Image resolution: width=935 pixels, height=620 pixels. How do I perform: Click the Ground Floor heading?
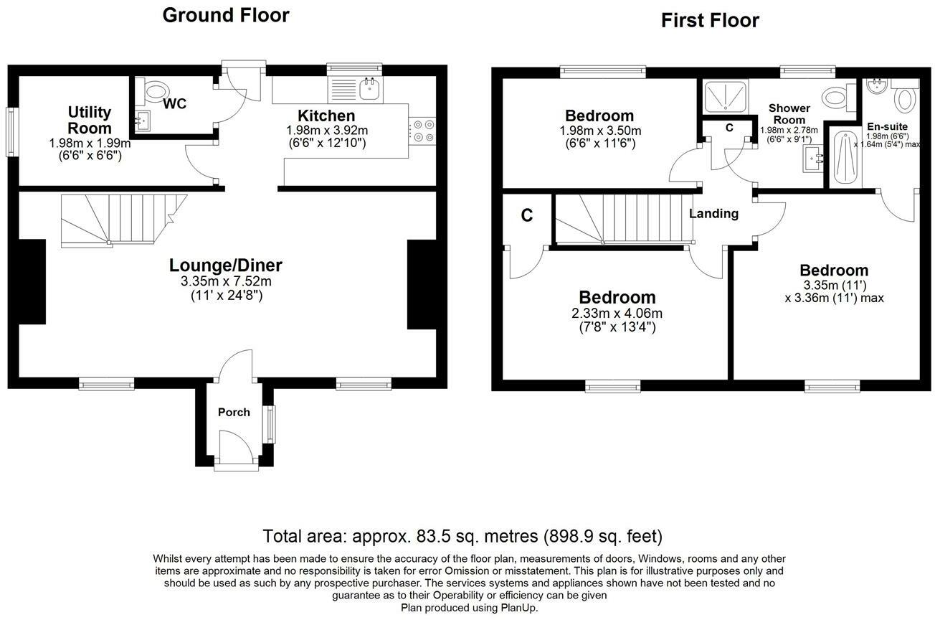coord(226,15)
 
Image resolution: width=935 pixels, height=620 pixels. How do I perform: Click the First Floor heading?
coord(710,21)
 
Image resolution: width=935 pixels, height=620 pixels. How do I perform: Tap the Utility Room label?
coord(90,120)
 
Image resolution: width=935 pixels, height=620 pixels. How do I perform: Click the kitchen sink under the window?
coord(371,89)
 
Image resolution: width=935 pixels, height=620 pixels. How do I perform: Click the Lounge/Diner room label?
coord(226,265)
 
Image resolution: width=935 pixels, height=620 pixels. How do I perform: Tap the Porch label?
coord(234,412)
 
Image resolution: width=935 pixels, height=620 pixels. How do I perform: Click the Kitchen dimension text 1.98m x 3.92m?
coord(326,131)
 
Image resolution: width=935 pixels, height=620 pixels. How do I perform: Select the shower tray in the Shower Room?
coord(726,96)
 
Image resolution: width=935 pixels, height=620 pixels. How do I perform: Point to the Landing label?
coord(713,213)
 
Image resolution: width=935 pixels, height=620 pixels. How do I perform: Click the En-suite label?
coord(887,126)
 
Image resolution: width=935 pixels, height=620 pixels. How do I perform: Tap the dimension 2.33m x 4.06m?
coord(617,314)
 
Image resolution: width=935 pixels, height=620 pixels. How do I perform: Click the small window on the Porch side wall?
coord(270,424)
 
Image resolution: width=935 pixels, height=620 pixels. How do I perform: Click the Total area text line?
coord(462,536)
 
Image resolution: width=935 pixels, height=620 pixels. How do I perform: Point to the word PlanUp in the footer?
coord(518,607)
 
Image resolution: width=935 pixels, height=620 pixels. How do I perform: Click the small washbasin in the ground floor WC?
coord(142,120)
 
